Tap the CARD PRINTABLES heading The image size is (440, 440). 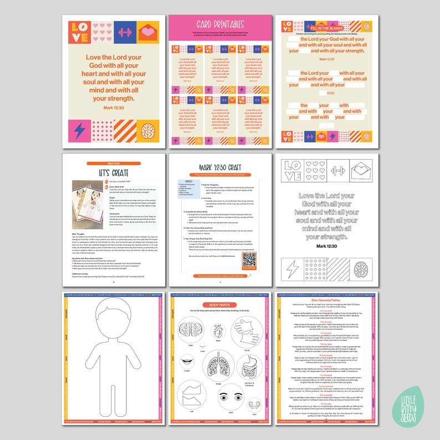[220, 24]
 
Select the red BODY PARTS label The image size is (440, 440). [221, 305]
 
